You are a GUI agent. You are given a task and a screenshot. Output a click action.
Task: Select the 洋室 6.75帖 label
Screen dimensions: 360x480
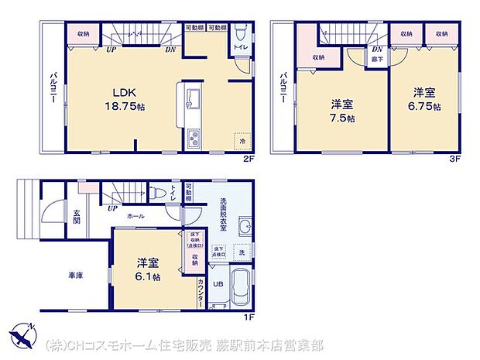pos(424,100)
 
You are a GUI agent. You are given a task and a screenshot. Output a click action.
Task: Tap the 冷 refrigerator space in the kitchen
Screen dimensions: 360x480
pos(242,142)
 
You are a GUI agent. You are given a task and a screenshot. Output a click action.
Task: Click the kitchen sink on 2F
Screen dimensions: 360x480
pos(194,98)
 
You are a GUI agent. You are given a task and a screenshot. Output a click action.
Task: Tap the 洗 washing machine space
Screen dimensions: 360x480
pos(242,252)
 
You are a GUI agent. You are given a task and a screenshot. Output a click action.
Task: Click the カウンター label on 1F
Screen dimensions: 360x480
pos(201,293)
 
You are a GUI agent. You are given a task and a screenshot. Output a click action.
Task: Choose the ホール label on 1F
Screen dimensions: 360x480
pos(135,217)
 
